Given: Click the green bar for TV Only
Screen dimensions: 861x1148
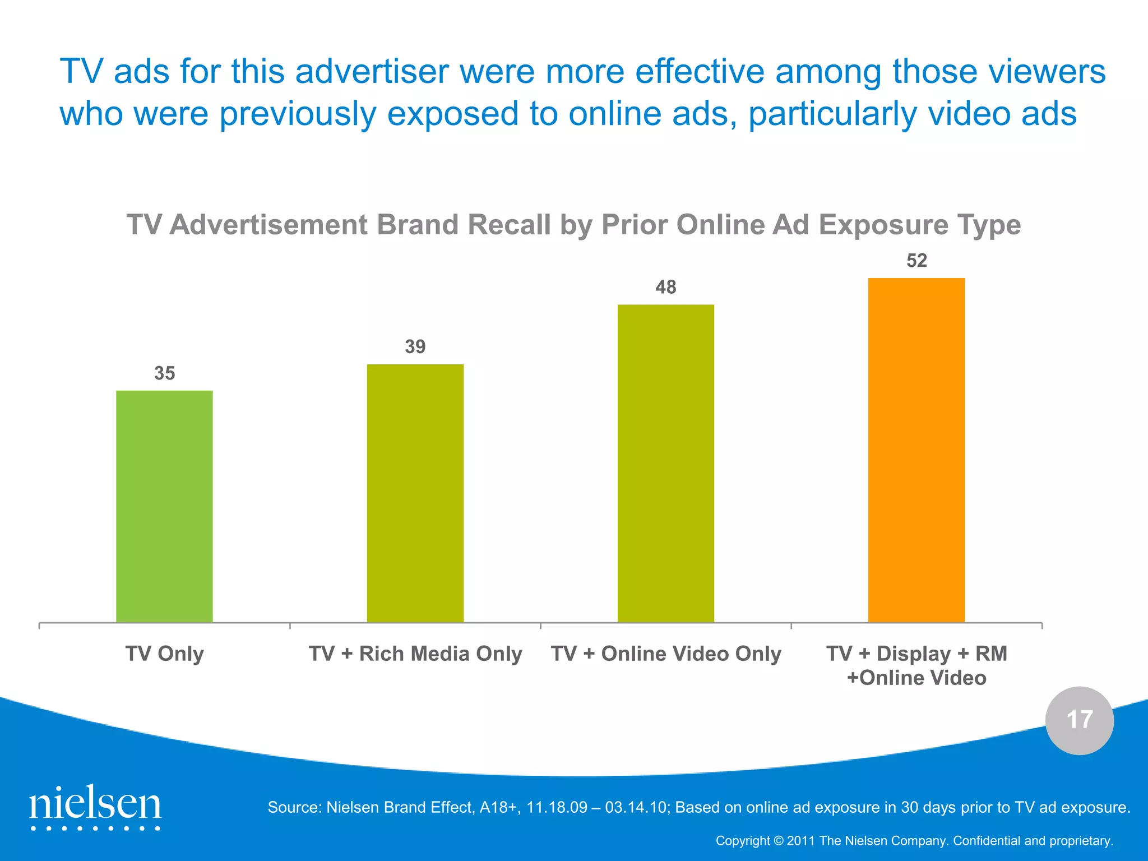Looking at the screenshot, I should click(x=164, y=506).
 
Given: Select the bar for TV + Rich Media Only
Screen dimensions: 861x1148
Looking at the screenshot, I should click(x=415, y=493).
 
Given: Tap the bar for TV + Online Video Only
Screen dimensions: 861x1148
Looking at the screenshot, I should click(x=665, y=463).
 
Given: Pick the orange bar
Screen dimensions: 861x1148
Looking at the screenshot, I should click(x=916, y=450).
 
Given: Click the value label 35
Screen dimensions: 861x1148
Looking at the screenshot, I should click(x=164, y=373).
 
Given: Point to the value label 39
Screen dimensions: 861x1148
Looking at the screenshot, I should click(x=415, y=346).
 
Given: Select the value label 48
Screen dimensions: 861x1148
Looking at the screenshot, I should click(x=665, y=287).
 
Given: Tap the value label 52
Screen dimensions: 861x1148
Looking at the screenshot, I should click(x=916, y=261).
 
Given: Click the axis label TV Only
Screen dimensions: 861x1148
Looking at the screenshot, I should click(x=164, y=654).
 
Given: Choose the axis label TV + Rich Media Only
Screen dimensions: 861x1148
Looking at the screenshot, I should click(x=415, y=654).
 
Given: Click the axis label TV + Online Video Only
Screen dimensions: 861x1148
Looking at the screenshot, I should click(x=666, y=654).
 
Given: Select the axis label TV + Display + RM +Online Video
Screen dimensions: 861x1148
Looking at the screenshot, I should click(x=916, y=665).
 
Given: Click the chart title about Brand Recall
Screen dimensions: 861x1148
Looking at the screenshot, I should click(x=573, y=225).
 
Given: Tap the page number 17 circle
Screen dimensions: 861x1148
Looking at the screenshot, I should click(x=1079, y=720).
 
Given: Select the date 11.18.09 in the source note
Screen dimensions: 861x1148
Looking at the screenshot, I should click(x=557, y=807).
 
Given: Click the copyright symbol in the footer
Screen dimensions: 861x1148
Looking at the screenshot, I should click(x=778, y=841).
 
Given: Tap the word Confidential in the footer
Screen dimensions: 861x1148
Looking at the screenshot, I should click(x=987, y=841).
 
